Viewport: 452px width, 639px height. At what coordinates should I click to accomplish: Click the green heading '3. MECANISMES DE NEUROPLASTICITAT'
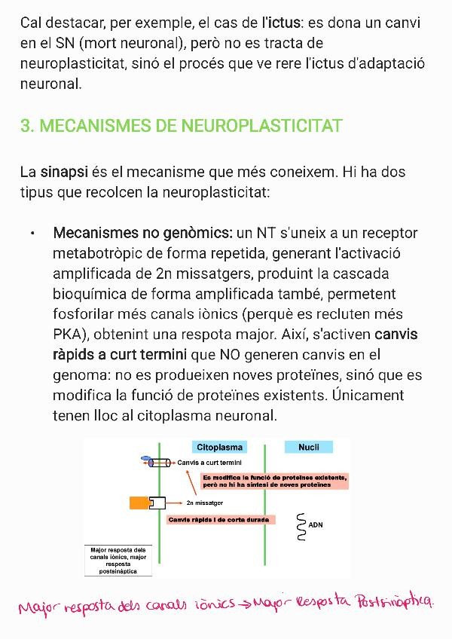click(x=182, y=125)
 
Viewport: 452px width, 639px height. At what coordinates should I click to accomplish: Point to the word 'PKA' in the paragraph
click(x=68, y=335)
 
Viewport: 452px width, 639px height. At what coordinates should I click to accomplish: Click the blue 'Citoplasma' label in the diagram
click(x=219, y=448)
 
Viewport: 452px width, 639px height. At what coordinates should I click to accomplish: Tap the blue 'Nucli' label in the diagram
click(x=309, y=448)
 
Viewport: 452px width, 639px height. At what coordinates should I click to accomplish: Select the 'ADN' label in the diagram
click(x=316, y=524)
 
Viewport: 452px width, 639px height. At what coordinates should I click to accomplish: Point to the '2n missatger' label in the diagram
click(x=204, y=503)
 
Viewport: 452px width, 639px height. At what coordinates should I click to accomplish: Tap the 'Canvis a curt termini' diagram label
click(x=209, y=462)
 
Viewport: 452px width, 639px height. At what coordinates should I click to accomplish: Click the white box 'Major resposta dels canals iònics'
click(x=118, y=561)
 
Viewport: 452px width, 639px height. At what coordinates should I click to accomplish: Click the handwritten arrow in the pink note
click(x=246, y=603)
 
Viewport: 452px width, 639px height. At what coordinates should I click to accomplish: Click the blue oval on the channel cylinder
click(x=146, y=460)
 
